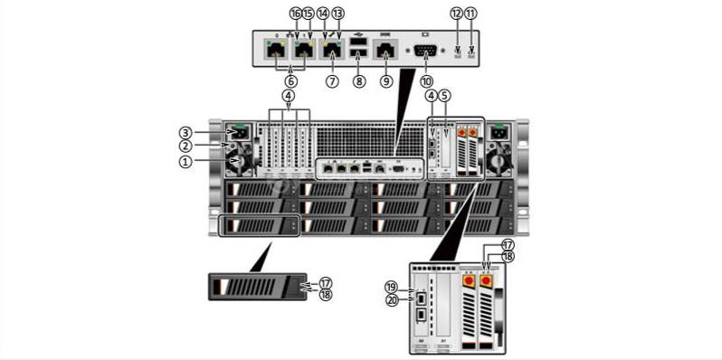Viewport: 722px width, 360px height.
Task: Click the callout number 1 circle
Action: pyautogui.click(x=185, y=162)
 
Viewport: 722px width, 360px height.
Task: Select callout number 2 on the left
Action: pyautogui.click(x=185, y=147)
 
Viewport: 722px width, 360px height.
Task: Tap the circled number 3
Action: pyautogui.click(x=185, y=132)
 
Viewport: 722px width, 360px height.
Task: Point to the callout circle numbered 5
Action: pyautogui.click(x=444, y=95)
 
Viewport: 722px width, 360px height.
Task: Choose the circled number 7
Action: pyautogui.click(x=332, y=81)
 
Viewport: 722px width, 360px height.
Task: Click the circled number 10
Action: pyautogui.click(x=426, y=81)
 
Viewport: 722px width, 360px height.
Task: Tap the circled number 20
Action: pyautogui.click(x=392, y=301)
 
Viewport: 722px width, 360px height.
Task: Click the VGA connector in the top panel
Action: pyautogui.click(x=425, y=52)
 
